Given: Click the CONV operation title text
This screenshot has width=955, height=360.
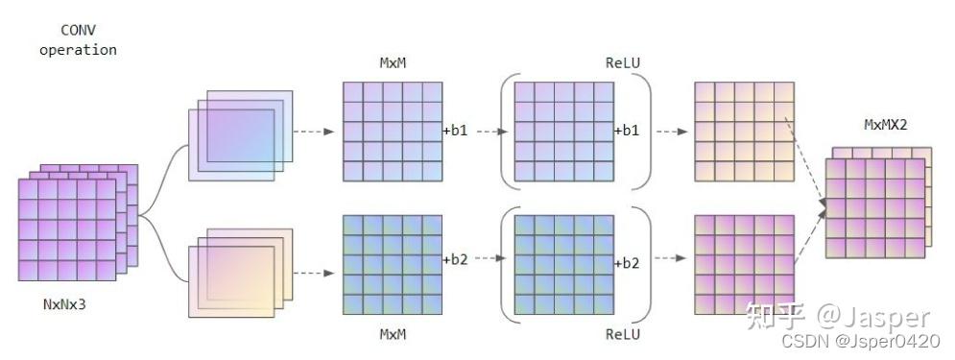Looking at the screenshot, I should [x=78, y=40].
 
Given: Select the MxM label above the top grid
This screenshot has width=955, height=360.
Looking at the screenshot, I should [x=393, y=63].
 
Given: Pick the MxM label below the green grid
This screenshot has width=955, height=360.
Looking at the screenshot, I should [x=393, y=334].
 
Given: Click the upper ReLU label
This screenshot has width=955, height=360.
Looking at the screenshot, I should [x=624, y=63].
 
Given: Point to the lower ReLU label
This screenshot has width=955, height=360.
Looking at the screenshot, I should [x=624, y=334].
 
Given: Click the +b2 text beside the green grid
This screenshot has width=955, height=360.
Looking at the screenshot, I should [x=455, y=259].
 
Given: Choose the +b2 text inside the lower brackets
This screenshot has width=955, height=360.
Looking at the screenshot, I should [x=628, y=259].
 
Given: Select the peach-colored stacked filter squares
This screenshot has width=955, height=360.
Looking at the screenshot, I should [x=240, y=269].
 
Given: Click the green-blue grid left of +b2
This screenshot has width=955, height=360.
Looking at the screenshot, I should [x=393, y=264].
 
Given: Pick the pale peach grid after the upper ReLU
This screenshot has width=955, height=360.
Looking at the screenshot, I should [x=743, y=132].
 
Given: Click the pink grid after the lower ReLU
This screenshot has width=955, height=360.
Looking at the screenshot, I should [x=743, y=264].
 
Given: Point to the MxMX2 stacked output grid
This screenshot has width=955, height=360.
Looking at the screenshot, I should [x=875, y=206].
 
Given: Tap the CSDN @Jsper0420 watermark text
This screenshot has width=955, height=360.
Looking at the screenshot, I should [x=860, y=342].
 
